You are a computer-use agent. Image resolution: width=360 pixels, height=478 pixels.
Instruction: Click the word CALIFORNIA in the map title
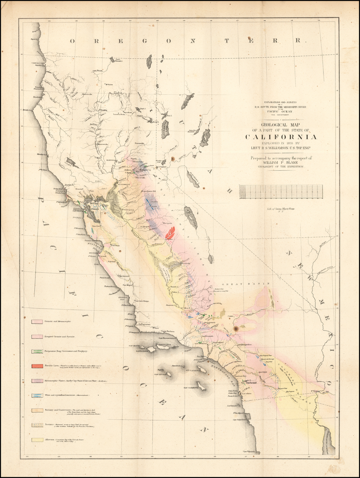click(x=281, y=137)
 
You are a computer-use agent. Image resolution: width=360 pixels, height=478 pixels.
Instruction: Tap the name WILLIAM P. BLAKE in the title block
click(x=281, y=163)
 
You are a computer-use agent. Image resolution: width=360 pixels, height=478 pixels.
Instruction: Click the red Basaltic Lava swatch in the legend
click(x=37, y=366)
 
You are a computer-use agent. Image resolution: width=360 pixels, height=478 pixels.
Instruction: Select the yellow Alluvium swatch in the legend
click(x=37, y=440)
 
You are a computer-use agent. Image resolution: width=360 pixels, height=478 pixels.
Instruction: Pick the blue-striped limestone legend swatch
click(x=37, y=395)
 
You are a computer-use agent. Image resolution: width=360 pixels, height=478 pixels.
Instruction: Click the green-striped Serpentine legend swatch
click(x=37, y=351)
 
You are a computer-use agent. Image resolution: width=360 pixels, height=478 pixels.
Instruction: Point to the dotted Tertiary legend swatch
click(x=37, y=425)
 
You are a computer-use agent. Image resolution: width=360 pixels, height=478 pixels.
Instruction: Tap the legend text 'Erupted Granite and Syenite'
click(x=59, y=336)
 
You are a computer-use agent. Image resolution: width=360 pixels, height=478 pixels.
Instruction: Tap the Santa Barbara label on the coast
click(x=168, y=331)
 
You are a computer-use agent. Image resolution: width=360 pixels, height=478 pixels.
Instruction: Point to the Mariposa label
click(x=167, y=223)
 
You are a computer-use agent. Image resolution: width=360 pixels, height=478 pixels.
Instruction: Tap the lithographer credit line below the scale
click(x=281, y=209)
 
